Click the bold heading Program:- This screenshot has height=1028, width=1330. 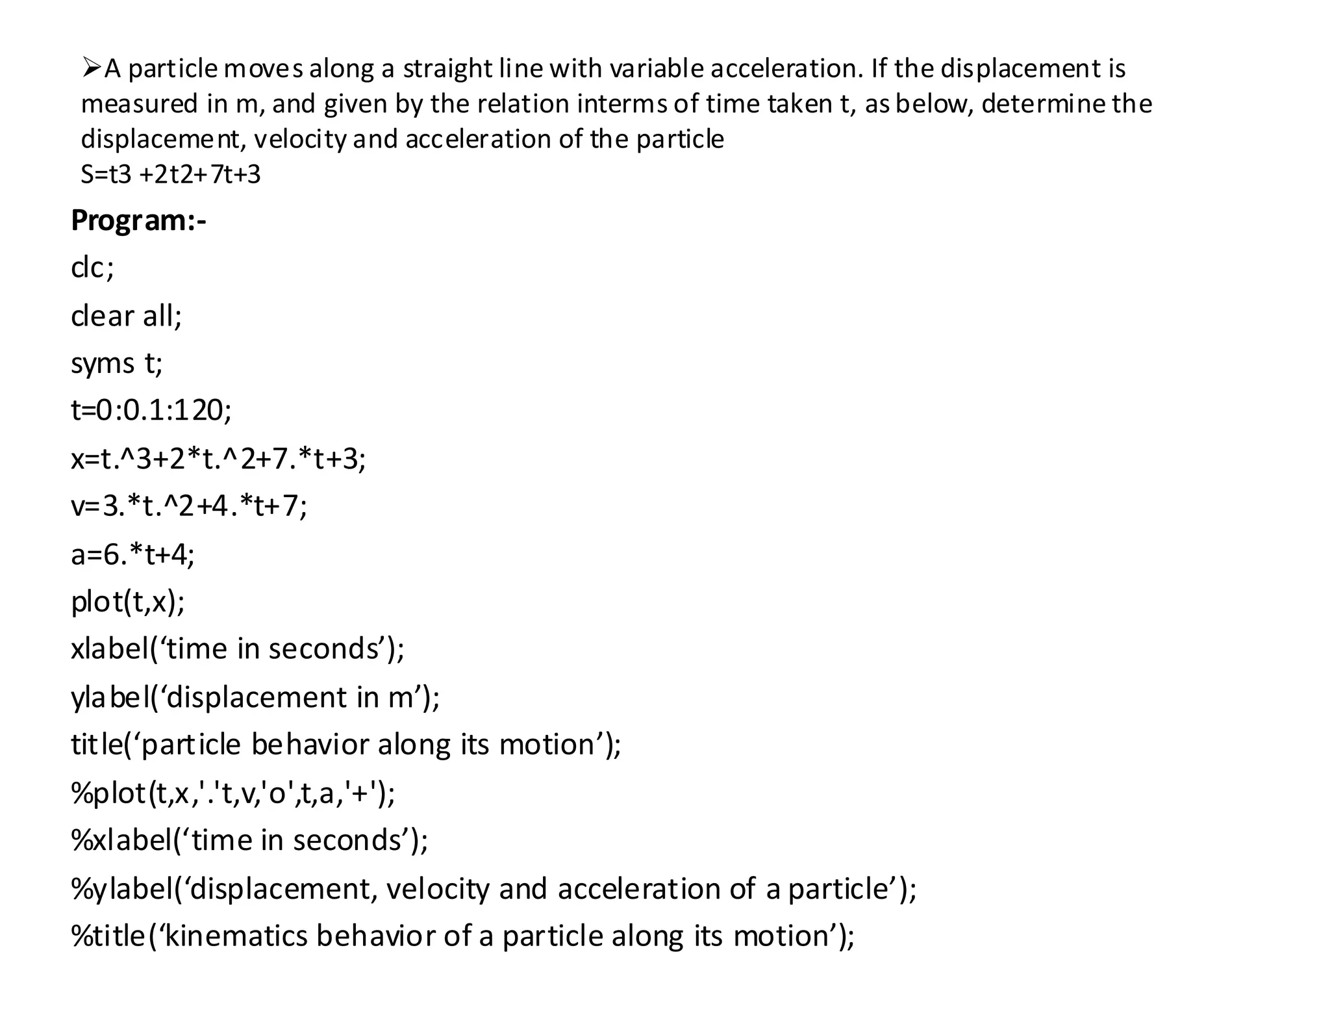click(138, 221)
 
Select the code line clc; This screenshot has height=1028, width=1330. click(92, 268)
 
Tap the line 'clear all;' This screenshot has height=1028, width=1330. click(127, 316)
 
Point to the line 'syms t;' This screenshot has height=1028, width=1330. click(117, 363)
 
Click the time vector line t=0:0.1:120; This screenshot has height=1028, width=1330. click(151, 411)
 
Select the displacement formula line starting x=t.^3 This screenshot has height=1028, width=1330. click(218, 459)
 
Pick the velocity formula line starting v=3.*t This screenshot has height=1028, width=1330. click(189, 506)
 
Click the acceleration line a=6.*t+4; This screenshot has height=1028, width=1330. click(132, 555)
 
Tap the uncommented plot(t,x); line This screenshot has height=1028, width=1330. click(128, 602)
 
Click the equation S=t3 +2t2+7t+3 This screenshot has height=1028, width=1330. click(170, 175)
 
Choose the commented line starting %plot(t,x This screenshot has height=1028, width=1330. click(233, 793)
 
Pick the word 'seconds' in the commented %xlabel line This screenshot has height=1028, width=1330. click(347, 841)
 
